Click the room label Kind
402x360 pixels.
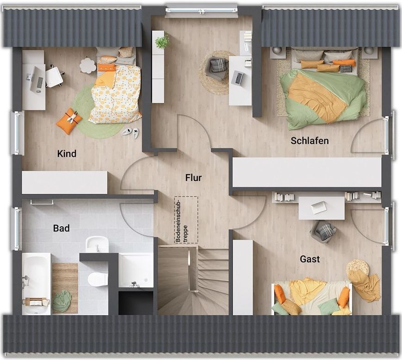click(x=67, y=154)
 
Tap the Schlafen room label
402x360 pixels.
click(x=309, y=141)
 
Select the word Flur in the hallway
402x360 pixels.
click(x=193, y=177)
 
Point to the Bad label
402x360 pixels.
click(x=61, y=228)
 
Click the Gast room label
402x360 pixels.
click(x=309, y=259)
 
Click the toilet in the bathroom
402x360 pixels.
click(x=97, y=279)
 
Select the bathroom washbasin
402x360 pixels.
click(x=97, y=244)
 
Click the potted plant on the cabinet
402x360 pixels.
click(x=162, y=40)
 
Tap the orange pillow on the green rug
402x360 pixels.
click(x=69, y=121)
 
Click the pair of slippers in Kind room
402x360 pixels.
click(x=131, y=132)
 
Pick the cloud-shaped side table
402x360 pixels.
click(x=87, y=65)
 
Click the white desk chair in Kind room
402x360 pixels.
click(x=54, y=76)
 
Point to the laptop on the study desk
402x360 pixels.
click(x=237, y=78)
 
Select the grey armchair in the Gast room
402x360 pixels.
click(x=323, y=231)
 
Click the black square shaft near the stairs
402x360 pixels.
click(x=136, y=303)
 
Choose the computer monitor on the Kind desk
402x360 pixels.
click(x=34, y=79)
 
